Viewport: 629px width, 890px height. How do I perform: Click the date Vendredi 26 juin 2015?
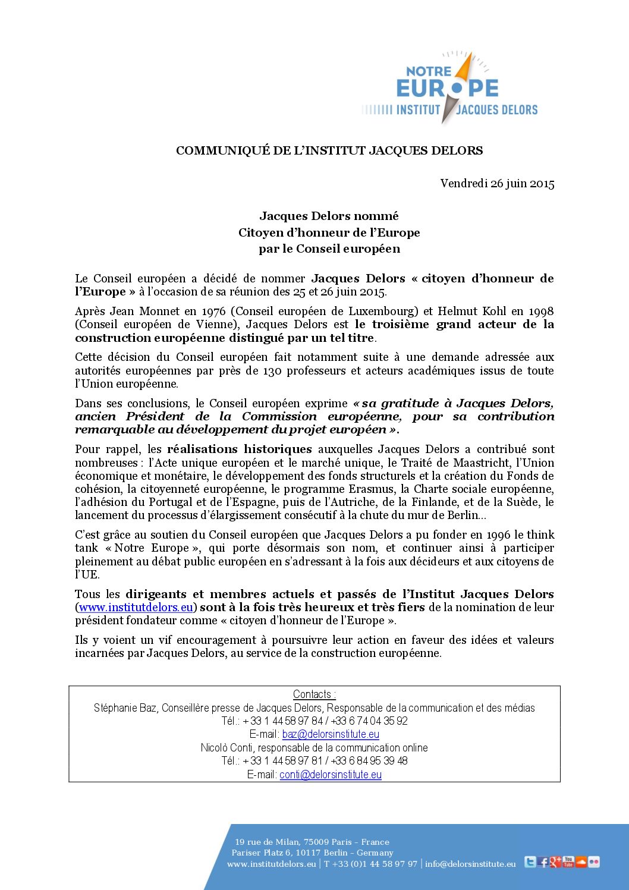[497, 184]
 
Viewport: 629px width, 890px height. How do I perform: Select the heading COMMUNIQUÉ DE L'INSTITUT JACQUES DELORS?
[329, 150]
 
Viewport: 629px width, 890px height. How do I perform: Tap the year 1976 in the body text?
[213, 311]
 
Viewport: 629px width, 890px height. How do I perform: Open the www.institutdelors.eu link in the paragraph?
[136, 607]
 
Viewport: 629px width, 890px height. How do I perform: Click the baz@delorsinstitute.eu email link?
[331, 734]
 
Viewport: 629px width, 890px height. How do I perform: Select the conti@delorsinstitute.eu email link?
[331, 774]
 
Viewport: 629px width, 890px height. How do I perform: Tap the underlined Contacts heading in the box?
[314, 694]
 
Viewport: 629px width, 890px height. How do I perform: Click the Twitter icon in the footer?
[530, 862]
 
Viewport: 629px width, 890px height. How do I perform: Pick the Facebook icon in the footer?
[543, 862]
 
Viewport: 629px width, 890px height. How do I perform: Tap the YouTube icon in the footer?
[568, 861]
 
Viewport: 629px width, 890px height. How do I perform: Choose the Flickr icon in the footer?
[594, 862]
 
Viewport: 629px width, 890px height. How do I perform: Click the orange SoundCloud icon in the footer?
[581, 862]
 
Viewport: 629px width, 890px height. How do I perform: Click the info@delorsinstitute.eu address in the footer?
[470, 864]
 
